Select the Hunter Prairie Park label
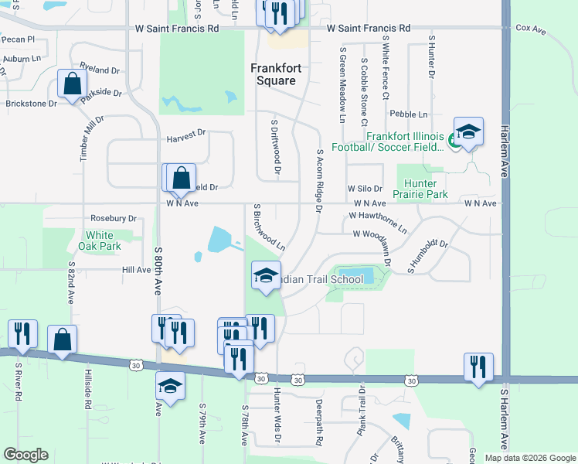(422, 189)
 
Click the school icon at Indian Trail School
(265, 275)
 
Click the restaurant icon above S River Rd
(22, 333)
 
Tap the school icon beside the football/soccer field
(468, 132)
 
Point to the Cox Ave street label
(531, 29)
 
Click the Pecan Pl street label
(19, 39)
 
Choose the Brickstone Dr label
(31, 103)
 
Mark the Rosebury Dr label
(113, 219)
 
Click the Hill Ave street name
(136, 270)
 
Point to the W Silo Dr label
(365, 188)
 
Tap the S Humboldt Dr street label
(428, 256)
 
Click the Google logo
(25, 455)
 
